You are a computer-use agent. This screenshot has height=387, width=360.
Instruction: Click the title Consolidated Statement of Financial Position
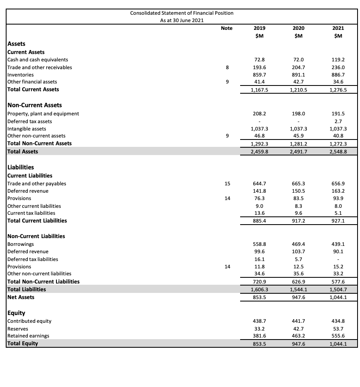click(182, 13)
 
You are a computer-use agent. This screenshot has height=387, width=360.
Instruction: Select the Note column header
click(226, 28)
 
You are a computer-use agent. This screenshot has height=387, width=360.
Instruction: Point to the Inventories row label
click(21, 75)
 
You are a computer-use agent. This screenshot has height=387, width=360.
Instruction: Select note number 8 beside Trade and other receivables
click(226, 67)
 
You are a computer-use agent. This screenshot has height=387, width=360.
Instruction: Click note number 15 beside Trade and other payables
click(226, 184)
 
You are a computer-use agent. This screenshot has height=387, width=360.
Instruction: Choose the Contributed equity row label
click(30, 321)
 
